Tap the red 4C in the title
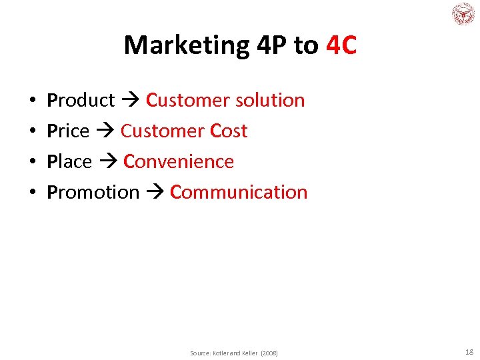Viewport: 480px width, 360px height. point(341,45)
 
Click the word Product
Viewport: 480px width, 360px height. point(81,101)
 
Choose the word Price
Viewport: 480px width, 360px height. point(68,131)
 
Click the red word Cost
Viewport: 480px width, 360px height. point(229,131)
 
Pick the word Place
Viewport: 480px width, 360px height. point(69,162)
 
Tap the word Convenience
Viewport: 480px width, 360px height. point(179,162)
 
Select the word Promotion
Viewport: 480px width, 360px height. point(93,193)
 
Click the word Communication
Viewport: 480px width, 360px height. point(239,193)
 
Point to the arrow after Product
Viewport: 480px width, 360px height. point(130,101)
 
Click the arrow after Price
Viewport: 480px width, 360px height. point(105,132)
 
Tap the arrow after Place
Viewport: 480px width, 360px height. point(107,163)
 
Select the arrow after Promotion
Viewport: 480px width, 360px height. point(155,193)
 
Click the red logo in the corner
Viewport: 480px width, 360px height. point(462,14)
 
